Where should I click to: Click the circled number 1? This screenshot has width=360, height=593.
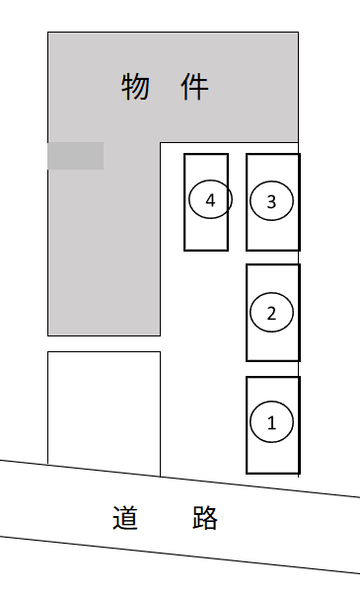(271, 421)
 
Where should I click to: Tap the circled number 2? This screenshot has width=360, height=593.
(271, 313)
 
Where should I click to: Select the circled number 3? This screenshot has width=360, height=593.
(271, 201)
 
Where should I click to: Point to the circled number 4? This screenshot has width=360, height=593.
(210, 199)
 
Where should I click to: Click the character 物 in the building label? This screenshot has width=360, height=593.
(135, 87)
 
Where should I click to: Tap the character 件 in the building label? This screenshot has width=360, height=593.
(194, 87)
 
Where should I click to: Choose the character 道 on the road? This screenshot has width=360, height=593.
(125, 517)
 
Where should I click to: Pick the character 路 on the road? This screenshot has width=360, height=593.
(204, 517)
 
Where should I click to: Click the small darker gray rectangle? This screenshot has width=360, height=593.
(76, 156)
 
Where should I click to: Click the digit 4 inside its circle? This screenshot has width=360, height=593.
(210, 200)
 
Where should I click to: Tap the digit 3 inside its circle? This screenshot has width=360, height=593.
(271, 202)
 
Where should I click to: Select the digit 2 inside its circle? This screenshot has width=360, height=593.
(271, 314)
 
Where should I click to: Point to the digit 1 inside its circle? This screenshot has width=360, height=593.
(271, 423)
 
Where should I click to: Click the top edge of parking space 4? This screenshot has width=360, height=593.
(206, 154)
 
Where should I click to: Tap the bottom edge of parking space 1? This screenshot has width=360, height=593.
(273, 473)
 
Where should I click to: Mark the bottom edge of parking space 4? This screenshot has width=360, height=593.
(206, 250)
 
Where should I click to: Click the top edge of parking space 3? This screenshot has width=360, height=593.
(273, 154)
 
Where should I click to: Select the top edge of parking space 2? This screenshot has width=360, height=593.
(273, 264)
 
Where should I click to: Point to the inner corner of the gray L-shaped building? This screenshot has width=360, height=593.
(160, 143)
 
